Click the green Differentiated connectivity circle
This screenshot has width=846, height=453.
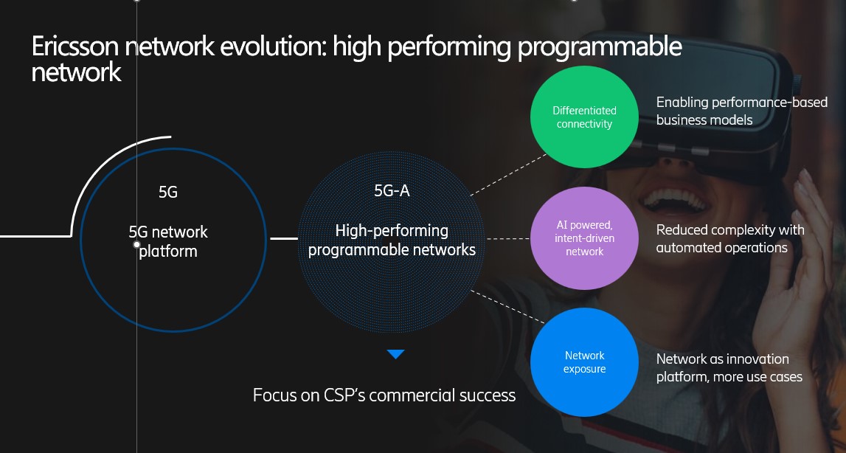click(584, 117)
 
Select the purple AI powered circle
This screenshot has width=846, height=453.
click(584, 238)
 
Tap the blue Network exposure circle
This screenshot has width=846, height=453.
click(584, 362)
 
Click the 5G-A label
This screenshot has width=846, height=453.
click(392, 190)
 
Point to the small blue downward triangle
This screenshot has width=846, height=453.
click(395, 354)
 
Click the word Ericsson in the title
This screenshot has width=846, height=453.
click(75, 47)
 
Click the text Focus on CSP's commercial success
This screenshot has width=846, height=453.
click(384, 395)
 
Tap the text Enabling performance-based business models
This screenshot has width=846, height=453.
click(742, 111)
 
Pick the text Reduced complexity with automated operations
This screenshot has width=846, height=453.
click(730, 238)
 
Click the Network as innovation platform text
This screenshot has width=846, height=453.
click(729, 367)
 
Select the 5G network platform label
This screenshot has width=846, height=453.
click(167, 241)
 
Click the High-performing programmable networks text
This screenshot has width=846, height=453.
click(392, 241)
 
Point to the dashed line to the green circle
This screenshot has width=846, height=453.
click(508, 174)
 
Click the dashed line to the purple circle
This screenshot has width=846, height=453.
click(508, 238)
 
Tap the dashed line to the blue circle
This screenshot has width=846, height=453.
click(507, 307)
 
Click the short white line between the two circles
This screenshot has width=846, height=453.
click(284, 238)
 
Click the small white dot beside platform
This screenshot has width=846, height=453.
click(136, 245)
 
